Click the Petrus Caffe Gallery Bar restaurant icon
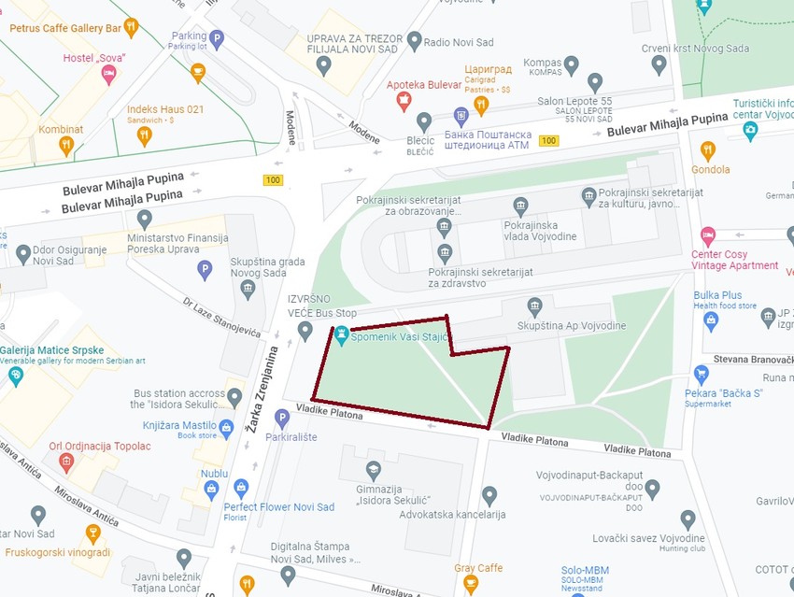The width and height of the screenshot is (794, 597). point(131,27)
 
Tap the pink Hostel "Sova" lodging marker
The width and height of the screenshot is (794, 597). point(109,75)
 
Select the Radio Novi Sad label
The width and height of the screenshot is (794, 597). point(460,42)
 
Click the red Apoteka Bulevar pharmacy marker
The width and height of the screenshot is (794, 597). point(404,101)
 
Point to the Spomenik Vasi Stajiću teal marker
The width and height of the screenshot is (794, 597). point(342,334)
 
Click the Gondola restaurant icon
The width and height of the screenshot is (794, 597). point(708,150)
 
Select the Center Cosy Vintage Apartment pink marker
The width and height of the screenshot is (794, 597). point(707,234)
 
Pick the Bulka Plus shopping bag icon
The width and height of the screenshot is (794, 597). point(711,321)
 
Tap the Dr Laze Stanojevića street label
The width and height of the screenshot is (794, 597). point(221,323)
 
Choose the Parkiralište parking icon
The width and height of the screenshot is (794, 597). point(282,419)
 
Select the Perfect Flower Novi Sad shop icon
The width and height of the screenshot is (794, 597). point(241,489)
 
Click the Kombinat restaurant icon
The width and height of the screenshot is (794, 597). point(65,146)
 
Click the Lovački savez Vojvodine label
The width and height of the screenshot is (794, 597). point(648,538)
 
